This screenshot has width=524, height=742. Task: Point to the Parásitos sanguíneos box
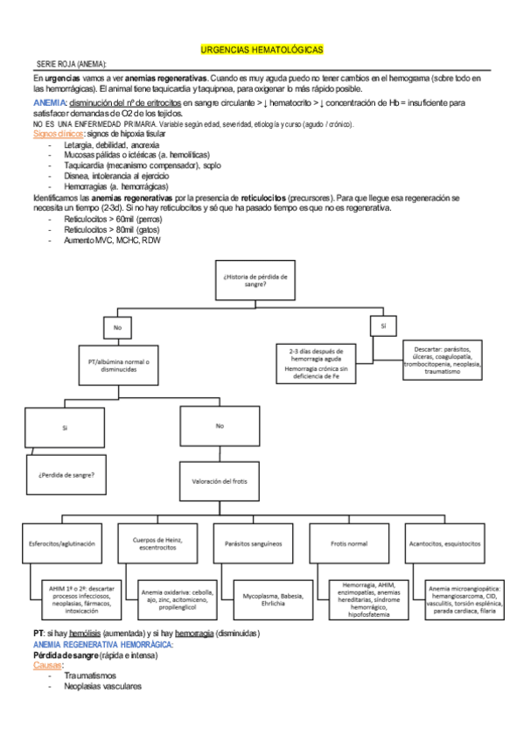click(255, 543)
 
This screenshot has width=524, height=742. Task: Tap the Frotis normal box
click(350, 543)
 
